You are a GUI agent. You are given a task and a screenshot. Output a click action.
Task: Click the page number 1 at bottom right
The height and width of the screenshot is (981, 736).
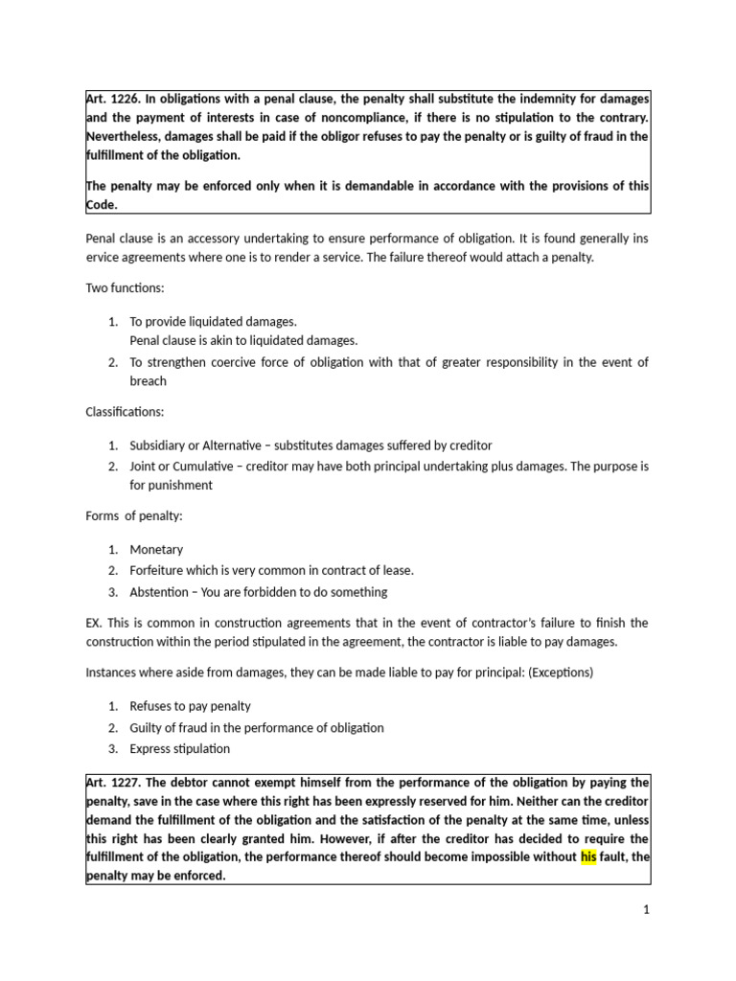point(647,910)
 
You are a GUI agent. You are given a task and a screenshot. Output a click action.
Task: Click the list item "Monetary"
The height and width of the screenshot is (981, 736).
point(156,550)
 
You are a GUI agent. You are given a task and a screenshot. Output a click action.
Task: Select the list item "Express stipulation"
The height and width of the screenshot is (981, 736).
point(180,748)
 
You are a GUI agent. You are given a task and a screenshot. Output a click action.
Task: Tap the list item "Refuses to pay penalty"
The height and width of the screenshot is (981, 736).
point(191,706)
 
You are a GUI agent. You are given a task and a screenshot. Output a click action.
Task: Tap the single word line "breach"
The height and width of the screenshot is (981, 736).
point(149,381)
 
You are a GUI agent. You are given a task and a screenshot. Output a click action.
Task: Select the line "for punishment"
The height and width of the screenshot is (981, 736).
point(172,485)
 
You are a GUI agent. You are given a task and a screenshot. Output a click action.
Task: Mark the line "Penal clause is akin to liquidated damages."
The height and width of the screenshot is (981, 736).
point(243,340)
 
